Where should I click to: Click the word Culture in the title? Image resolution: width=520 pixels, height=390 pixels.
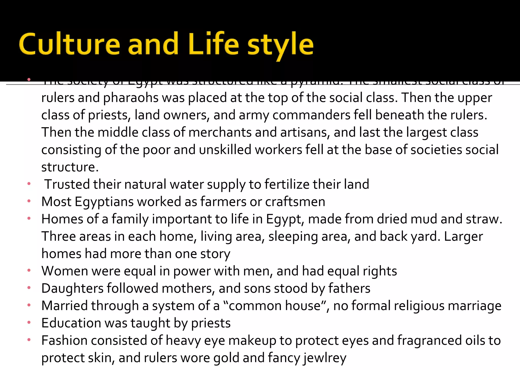pyautogui.click(x=69, y=45)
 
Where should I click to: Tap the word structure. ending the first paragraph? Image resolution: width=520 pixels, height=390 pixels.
pyautogui.click(x=70, y=167)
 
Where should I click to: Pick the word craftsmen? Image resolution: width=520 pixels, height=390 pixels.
pyautogui.click(x=295, y=202)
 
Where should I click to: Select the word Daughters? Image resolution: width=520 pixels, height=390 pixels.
pyautogui.click(x=72, y=289)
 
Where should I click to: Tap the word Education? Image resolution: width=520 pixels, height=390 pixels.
pyautogui.click(x=71, y=323)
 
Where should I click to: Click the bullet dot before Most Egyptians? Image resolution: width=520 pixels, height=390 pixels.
pyautogui.click(x=29, y=201)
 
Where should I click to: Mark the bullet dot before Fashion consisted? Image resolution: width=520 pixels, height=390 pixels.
pyautogui.click(x=29, y=340)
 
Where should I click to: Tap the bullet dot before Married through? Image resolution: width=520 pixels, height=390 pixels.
pyautogui.click(x=29, y=305)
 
